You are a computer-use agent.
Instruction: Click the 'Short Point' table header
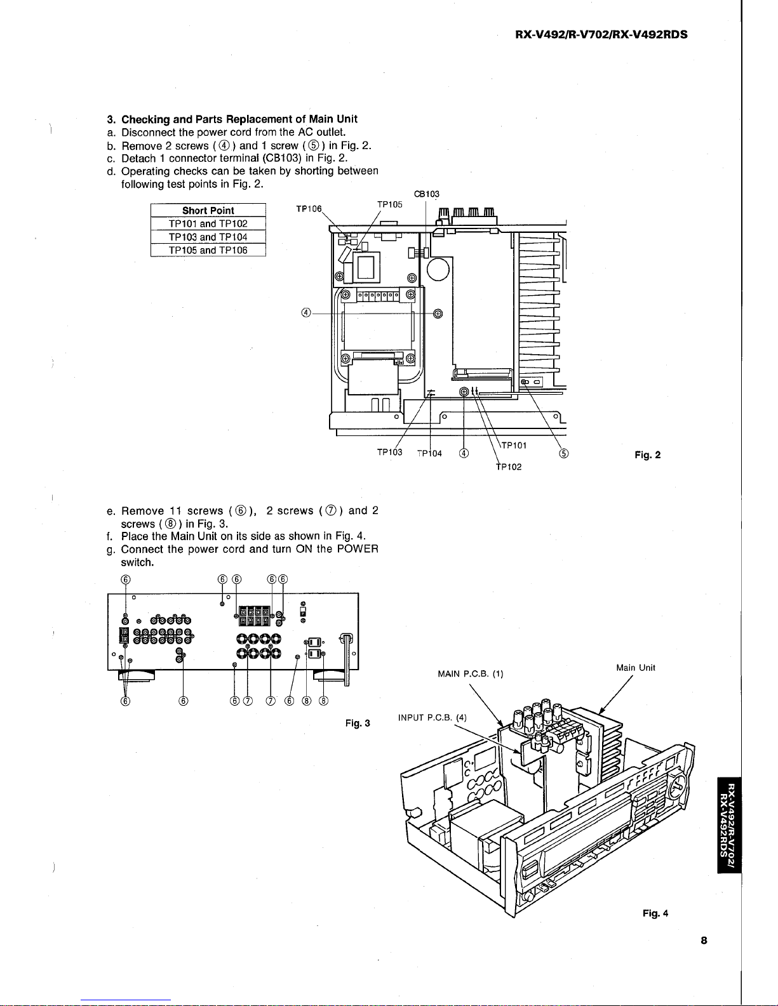click(x=208, y=210)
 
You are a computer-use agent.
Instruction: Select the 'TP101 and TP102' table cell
click(x=208, y=223)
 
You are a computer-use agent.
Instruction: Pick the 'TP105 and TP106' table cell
click(x=208, y=250)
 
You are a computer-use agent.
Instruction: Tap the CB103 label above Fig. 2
click(x=427, y=194)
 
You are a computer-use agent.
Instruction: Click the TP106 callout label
click(x=309, y=209)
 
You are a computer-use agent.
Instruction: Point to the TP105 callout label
click(x=389, y=204)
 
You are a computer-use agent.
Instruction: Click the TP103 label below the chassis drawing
click(x=389, y=452)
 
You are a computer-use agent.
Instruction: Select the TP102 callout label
click(x=509, y=467)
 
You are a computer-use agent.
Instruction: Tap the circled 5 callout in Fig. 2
click(x=563, y=454)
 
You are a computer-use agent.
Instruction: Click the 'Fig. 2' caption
click(x=647, y=455)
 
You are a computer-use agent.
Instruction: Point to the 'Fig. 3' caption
click(x=358, y=723)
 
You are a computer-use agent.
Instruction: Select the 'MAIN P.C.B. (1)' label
click(x=471, y=674)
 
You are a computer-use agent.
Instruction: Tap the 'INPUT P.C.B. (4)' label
click(x=433, y=718)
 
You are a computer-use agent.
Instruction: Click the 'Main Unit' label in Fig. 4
click(x=635, y=668)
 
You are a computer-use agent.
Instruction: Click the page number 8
click(x=704, y=940)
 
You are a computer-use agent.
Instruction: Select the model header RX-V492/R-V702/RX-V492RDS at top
click(x=601, y=35)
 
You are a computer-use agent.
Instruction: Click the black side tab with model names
click(x=729, y=824)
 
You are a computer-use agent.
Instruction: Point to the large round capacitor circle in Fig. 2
click(x=438, y=270)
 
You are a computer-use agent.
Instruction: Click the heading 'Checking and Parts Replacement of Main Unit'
click(x=239, y=119)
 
